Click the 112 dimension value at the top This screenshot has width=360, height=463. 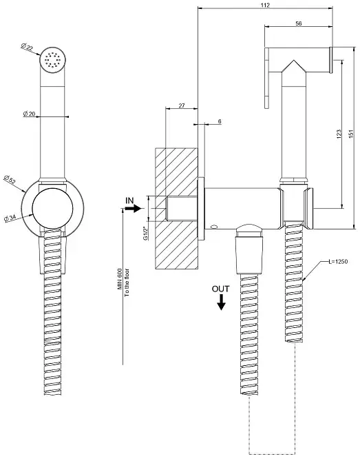[265, 5]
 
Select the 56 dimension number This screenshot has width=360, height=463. [298, 23]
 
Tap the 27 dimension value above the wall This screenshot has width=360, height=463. [182, 105]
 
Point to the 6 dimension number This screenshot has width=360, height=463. [220, 121]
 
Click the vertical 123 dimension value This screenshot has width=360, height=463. [339, 134]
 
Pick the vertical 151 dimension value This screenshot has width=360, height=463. [351, 134]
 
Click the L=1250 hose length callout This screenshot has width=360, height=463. [338, 261]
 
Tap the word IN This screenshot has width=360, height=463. [129, 200]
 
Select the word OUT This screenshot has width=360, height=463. [220, 289]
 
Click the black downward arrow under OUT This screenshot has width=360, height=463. [221, 302]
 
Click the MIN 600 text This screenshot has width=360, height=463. [120, 279]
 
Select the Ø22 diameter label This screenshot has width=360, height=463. [27, 48]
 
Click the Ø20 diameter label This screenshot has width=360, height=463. [29, 114]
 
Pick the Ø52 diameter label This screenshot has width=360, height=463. [10, 180]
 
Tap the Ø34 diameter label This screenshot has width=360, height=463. [10, 218]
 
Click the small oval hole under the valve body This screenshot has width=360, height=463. [214, 227]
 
